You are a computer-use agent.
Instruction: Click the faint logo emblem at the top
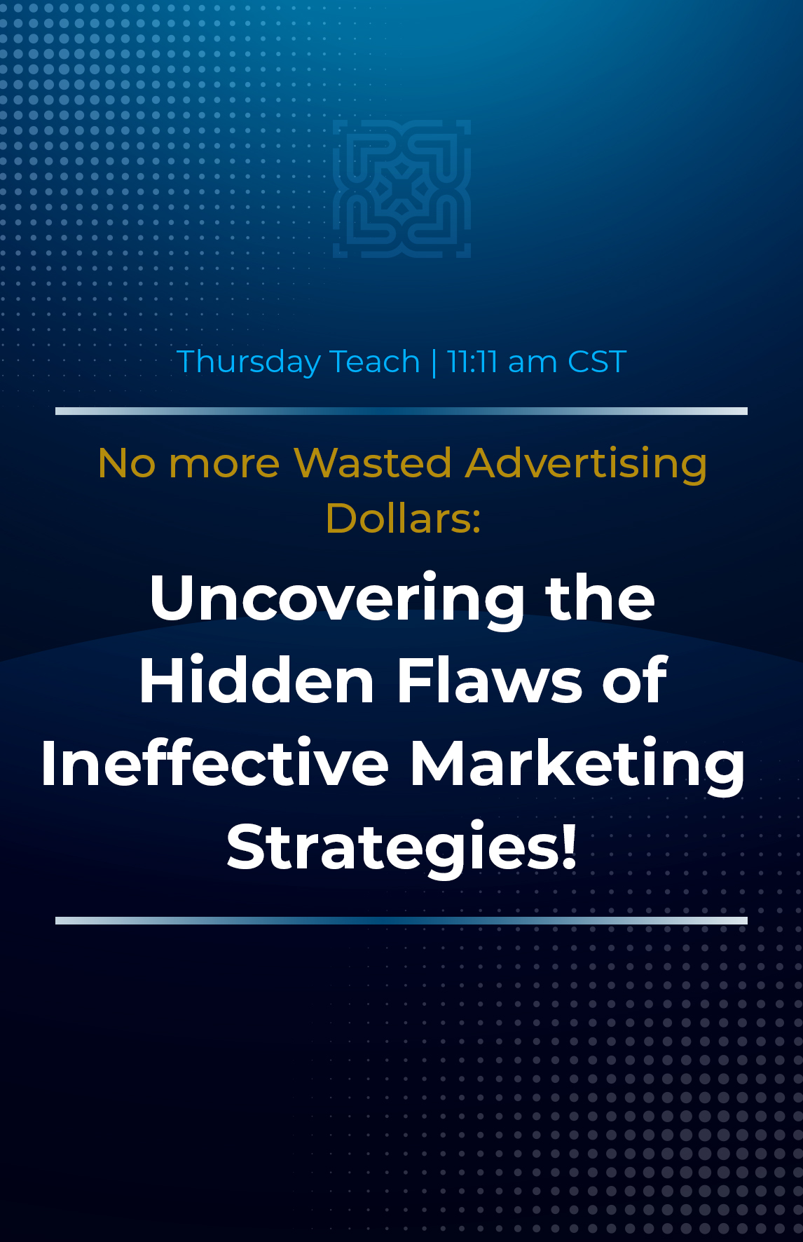coord(401,189)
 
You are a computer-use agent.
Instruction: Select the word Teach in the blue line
coord(374,362)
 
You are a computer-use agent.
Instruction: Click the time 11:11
coord(472,362)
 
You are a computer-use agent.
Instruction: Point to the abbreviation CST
coord(596,362)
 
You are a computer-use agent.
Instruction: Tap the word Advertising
coord(586,465)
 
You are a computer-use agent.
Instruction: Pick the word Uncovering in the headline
coord(337,600)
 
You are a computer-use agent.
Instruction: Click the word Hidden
coord(256,680)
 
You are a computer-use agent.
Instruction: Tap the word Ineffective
coord(214,763)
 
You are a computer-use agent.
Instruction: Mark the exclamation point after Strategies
coord(570,846)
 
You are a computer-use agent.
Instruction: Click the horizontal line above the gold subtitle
coord(401,411)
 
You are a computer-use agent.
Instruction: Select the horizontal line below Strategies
coord(401,921)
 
